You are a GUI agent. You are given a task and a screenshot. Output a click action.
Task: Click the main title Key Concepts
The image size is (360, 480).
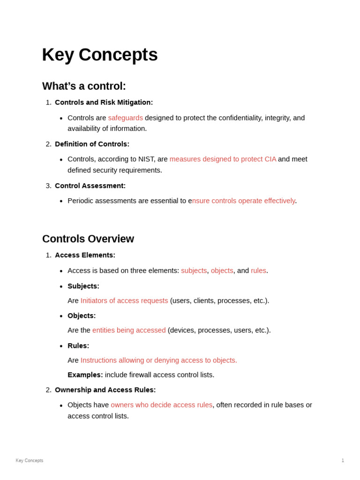pos(100,55)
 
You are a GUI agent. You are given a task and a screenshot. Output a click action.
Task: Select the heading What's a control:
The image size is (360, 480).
pos(84,86)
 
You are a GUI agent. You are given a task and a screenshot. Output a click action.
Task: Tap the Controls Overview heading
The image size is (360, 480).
pos(88,239)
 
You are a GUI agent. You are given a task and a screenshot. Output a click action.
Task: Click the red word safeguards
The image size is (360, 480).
pos(125,118)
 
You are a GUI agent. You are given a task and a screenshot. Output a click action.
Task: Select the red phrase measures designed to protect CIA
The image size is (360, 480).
pos(223,159)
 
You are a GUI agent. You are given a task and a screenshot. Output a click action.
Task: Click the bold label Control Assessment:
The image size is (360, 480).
pos(90,186)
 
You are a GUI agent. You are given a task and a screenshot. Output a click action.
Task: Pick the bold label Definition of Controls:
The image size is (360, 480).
pos(92,144)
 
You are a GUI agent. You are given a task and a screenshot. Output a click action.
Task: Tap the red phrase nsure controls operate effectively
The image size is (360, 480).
pos(243,201)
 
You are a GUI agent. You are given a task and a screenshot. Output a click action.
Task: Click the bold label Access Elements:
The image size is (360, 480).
pos(85,255)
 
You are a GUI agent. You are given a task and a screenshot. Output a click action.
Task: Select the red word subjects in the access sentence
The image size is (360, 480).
pos(194,270)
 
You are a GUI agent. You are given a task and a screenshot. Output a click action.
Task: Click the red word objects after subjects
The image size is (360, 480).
pos(222,270)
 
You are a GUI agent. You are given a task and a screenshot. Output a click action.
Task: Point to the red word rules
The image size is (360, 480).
pos(258,270)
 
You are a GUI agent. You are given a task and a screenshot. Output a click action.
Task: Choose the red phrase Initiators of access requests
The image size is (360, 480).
pos(124,300)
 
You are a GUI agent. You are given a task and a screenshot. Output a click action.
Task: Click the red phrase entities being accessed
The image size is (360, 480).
pos(129,330)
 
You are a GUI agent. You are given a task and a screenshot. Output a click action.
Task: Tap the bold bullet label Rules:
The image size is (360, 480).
pos(78,345)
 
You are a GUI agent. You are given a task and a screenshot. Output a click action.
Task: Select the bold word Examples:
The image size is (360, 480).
pos(85,375)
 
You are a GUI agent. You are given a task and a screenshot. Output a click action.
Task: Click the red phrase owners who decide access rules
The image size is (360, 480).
pos(161,405)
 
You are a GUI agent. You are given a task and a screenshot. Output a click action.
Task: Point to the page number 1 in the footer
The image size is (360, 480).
pos(343,460)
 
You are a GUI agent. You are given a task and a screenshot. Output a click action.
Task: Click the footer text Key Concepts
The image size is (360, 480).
pos(30,460)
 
